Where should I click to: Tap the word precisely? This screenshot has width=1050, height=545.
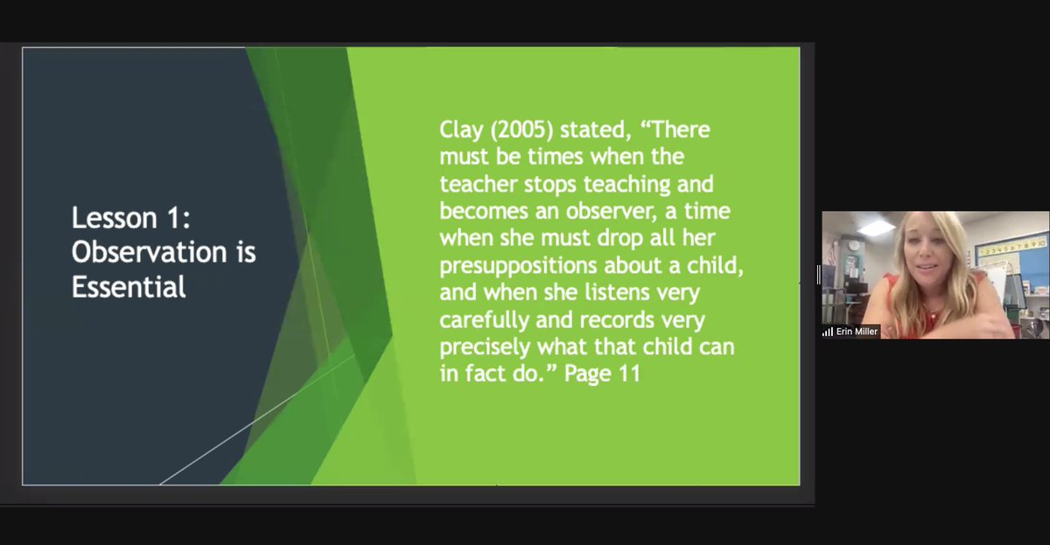click(484, 347)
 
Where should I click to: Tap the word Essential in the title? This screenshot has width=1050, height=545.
click(129, 286)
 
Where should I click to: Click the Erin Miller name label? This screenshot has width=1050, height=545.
click(857, 332)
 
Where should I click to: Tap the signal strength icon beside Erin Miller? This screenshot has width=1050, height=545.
click(828, 332)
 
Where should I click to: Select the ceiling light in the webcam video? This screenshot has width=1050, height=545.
click(876, 227)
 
